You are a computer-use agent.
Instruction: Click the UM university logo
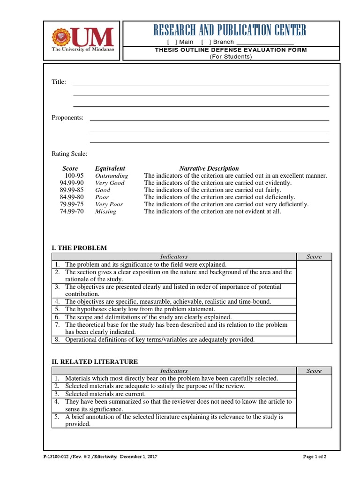[82, 39]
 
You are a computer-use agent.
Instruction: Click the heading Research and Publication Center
[230, 31]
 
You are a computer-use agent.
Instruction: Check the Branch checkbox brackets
[206, 42]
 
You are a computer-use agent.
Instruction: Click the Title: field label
[59, 82]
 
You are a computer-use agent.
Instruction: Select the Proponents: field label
[67, 118]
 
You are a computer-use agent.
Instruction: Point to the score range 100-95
[74, 176]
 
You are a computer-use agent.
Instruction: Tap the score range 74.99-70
[71, 211]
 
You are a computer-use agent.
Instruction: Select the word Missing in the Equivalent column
[105, 211]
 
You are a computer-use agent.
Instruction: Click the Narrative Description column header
[209, 168]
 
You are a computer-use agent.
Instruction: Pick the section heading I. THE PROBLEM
[79, 247]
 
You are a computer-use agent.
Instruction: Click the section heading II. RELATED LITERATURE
[94, 361]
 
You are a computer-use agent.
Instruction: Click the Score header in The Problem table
[314, 256]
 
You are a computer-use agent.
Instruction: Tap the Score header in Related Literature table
[314, 371]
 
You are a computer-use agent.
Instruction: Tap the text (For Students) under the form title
[230, 57]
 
